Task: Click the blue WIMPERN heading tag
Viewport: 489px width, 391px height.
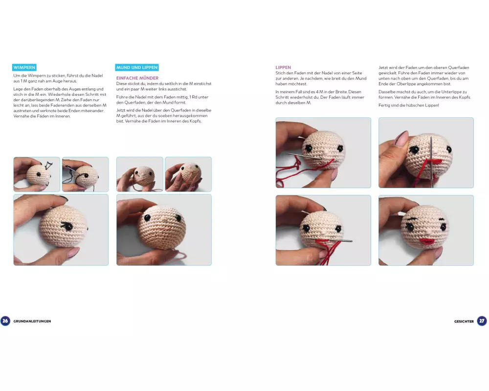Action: [24, 67]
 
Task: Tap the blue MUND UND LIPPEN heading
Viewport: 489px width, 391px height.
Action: [137, 67]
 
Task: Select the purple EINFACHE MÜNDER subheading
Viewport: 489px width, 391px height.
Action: [137, 78]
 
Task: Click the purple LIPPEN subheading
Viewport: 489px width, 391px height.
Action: [283, 67]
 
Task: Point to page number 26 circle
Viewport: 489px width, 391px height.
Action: [5, 321]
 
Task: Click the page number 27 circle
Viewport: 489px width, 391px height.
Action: [482, 321]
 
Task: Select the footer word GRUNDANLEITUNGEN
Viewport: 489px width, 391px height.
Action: [32, 321]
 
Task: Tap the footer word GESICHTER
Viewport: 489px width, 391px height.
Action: [464, 321]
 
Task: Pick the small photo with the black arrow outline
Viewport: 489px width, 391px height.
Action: [37, 174]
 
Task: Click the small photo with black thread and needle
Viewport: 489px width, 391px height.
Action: [86, 174]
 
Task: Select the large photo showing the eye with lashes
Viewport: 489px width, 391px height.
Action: [61, 230]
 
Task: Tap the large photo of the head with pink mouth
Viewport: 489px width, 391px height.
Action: [164, 230]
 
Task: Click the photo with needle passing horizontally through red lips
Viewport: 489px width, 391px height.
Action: [323, 230]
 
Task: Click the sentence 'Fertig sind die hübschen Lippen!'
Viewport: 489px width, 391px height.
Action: [409, 106]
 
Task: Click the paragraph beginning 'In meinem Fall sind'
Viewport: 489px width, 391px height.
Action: [320, 97]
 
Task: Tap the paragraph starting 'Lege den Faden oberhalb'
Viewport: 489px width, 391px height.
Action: [60, 103]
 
